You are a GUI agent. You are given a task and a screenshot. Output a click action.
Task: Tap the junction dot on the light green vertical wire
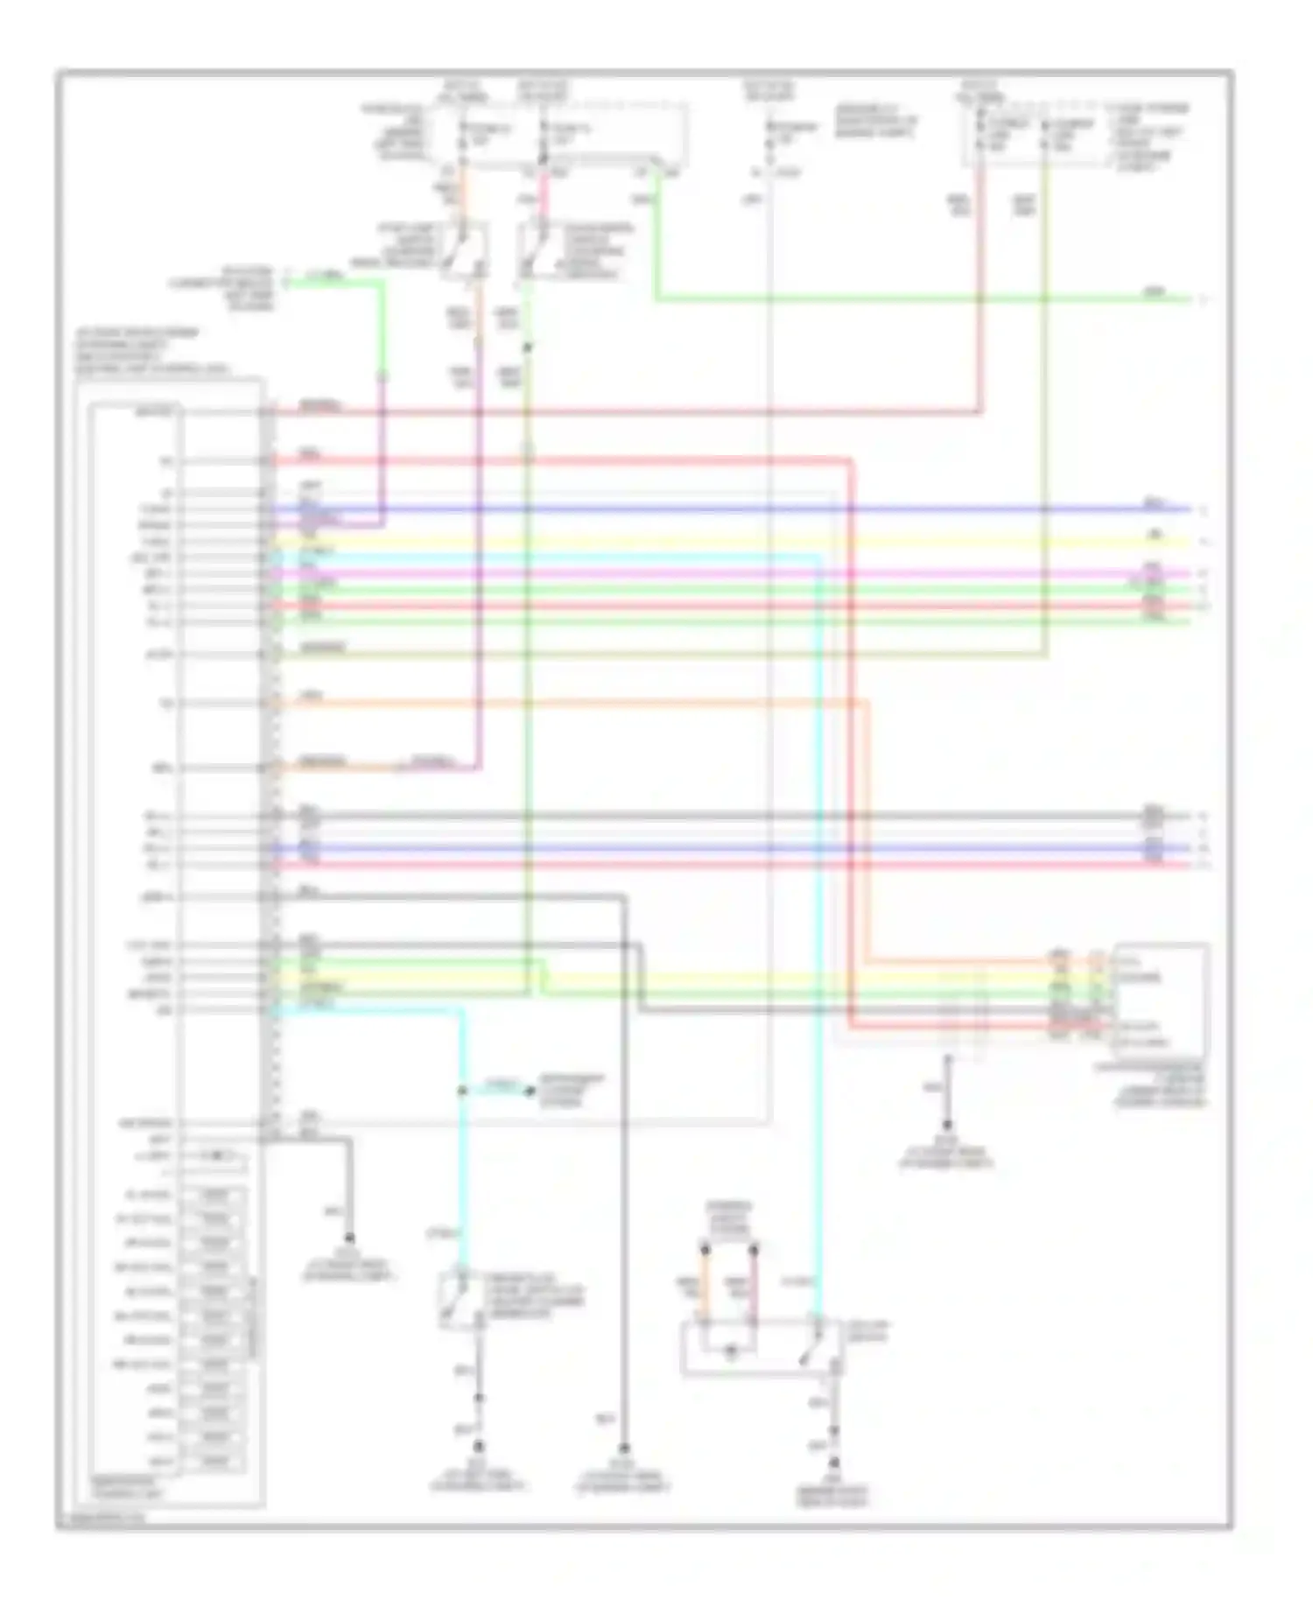tap(528, 348)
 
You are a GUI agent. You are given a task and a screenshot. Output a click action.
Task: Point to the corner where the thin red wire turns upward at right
tap(980, 411)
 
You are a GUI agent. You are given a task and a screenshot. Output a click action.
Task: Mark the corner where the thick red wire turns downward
tap(850, 460)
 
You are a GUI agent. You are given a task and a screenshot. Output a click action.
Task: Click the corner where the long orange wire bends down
tap(867, 701)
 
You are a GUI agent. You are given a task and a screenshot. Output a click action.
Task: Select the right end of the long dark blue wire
tap(1190, 509)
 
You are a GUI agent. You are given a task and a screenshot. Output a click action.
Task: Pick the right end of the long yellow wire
tap(1190, 541)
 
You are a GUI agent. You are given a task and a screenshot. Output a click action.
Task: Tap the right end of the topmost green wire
tap(1190, 299)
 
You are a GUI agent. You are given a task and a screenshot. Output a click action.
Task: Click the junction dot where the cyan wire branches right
tap(462, 1091)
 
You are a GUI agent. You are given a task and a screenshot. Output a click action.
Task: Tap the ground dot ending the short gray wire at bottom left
tap(349, 1238)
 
